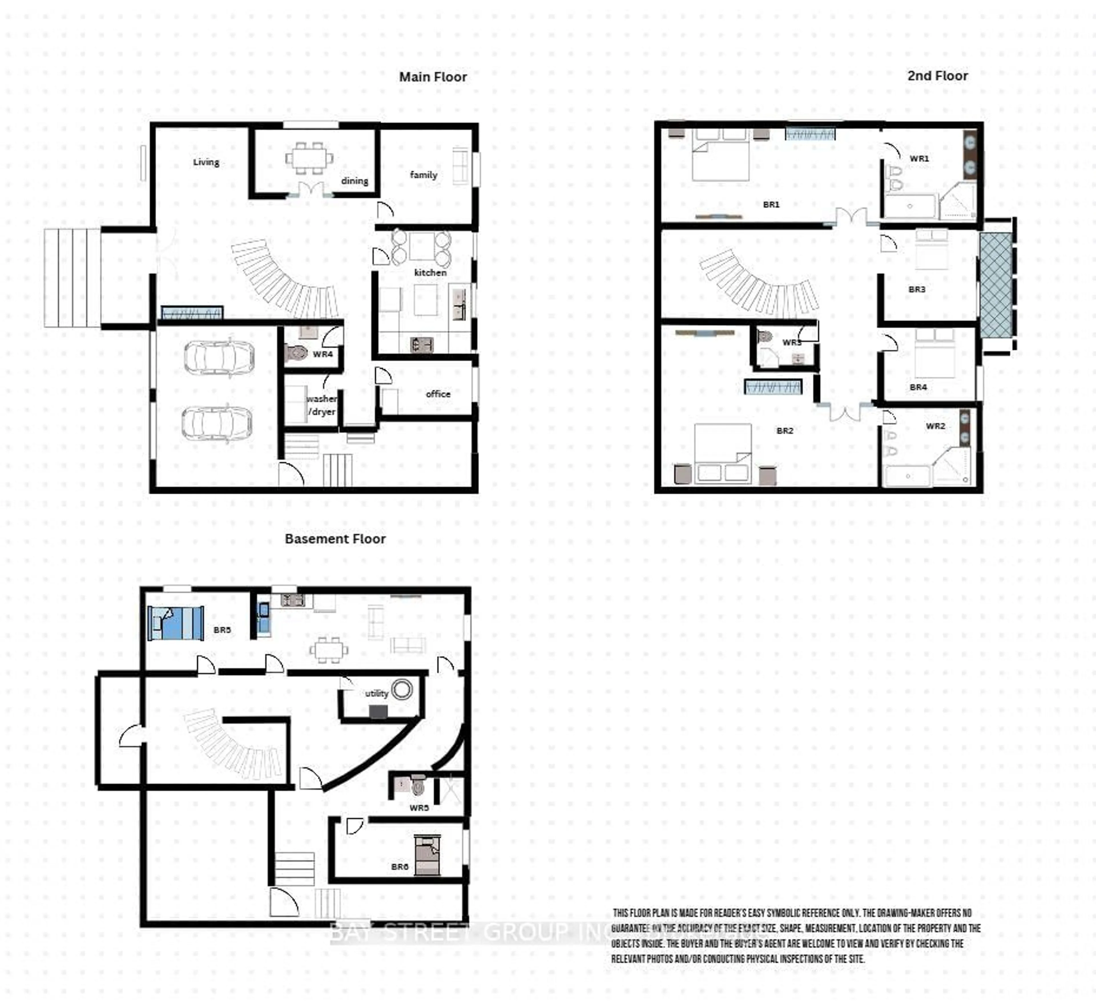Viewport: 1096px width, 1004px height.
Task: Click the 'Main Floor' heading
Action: pyautogui.click(x=433, y=77)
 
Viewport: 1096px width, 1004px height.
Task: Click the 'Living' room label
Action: pyautogui.click(x=206, y=162)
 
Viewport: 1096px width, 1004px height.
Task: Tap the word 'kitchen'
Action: pyautogui.click(x=430, y=272)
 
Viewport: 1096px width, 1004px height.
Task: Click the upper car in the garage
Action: pyautogui.click(x=219, y=358)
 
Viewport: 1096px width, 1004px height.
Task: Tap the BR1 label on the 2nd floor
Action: pyautogui.click(x=771, y=204)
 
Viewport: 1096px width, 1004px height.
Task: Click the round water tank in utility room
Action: pyautogui.click(x=402, y=689)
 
